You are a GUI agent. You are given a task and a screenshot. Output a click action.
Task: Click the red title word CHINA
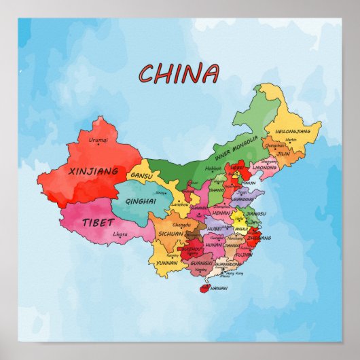pyautogui.click(x=179, y=72)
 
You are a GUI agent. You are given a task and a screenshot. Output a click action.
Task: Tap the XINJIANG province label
pyautogui.click(x=94, y=171)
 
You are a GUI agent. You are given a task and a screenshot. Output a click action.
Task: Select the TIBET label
pyautogui.click(x=94, y=222)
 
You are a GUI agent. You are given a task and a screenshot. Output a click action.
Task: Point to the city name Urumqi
pyautogui.click(x=98, y=141)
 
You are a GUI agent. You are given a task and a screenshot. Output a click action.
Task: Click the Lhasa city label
pyautogui.click(x=120, y=234)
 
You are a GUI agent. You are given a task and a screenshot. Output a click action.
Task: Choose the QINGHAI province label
pyautogui.click(x=142, y=201)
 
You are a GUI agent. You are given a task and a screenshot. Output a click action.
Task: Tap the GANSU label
pyautogui.click(x=143, y=175)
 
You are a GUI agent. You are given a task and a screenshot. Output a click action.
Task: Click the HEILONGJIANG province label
pyautogui.click(x=298, y=130)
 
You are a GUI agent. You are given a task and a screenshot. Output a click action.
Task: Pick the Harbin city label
pyautogui.click(x=291, y=140)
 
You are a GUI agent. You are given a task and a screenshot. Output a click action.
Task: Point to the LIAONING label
pyautogui.click(x=264, y=166)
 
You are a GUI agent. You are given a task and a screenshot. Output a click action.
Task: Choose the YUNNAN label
pyautogui.click(x=166, y=262)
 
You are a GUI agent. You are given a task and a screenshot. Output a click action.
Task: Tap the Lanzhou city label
pyautogui.click(x=181, y=204)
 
